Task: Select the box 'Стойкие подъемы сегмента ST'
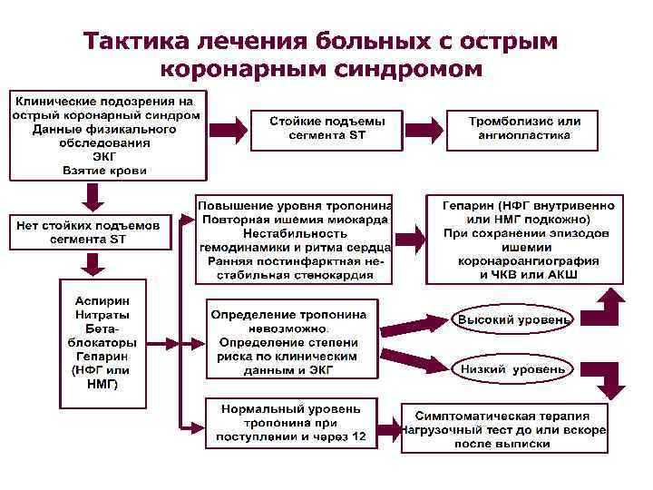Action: pos(327,127)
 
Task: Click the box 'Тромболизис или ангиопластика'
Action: pos(524,127)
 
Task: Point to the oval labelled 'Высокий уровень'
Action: pos(513,320)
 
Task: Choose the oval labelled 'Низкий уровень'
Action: pos(513,369)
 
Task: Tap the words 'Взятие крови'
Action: pos(106,170)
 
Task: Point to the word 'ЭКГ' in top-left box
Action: pos(106,156)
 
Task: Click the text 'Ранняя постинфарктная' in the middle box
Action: pos(296,261)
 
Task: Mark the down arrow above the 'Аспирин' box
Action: pos(91,264)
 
